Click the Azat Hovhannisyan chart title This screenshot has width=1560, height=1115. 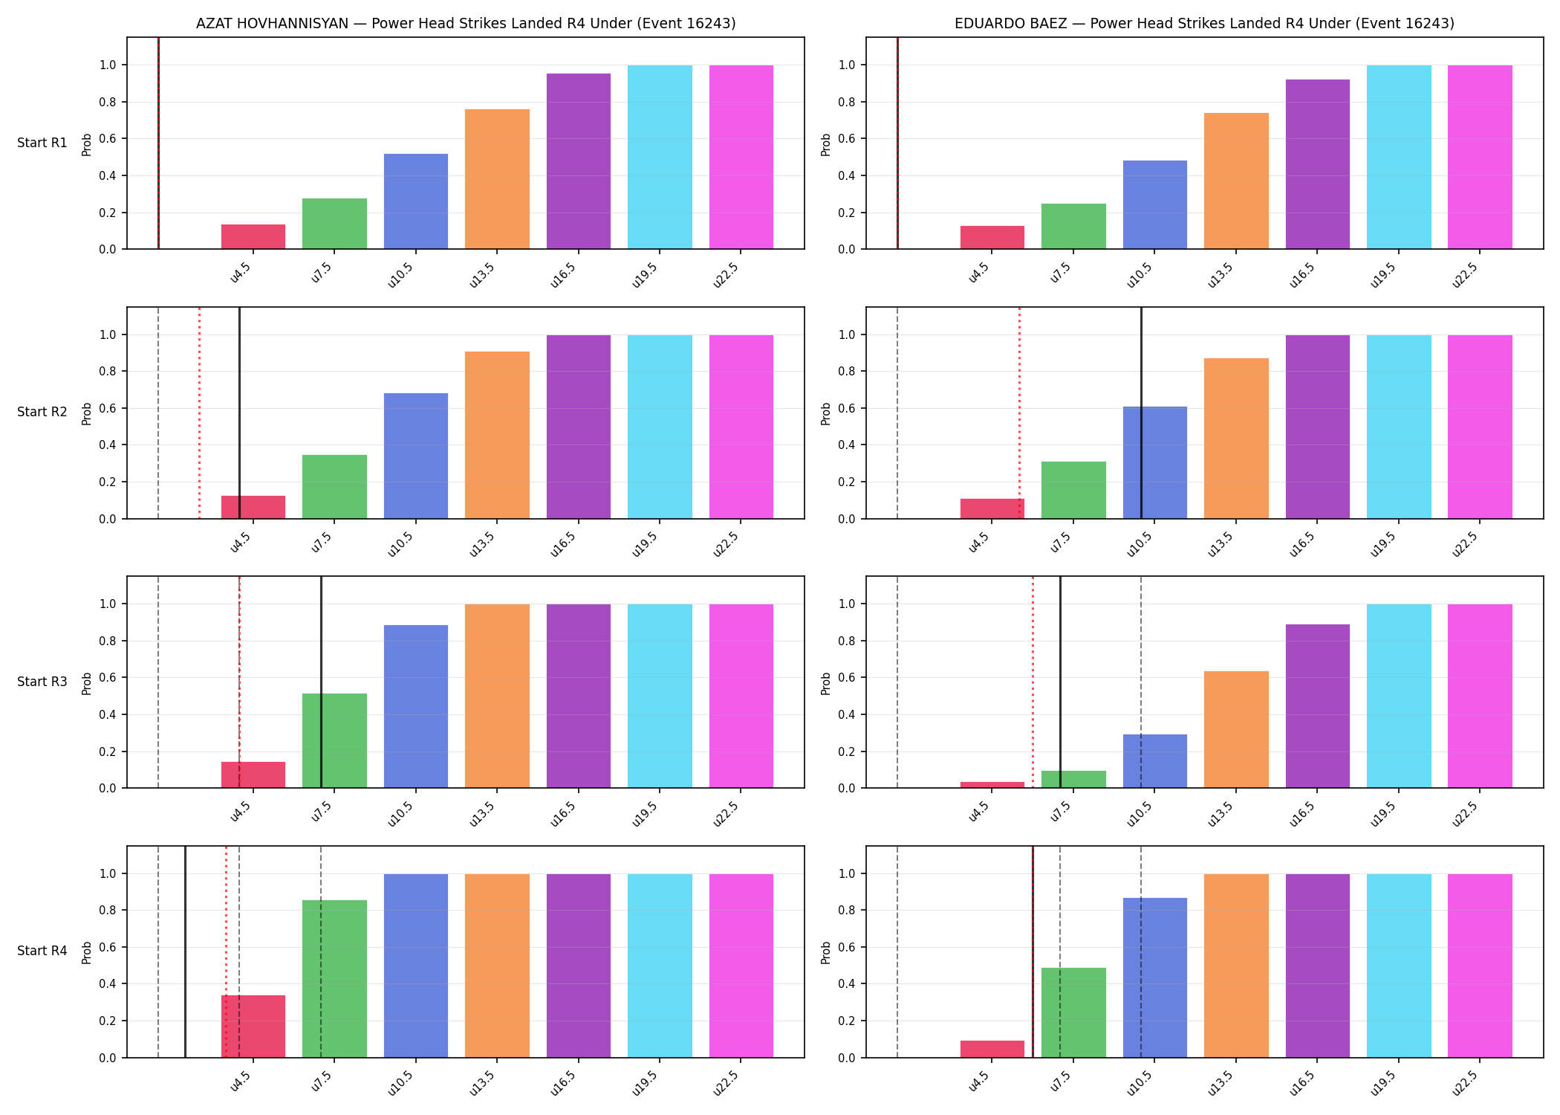click(x=466, y=23)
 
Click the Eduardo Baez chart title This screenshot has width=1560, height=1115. click(x=1204, y=23)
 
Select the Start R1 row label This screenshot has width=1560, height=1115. click(x=42, y=143)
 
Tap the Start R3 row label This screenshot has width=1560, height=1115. click(x=42, y=682)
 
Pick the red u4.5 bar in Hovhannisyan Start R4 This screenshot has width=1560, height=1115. click(x=253, y=1026)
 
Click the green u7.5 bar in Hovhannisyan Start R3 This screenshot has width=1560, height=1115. click(x=334, y=740)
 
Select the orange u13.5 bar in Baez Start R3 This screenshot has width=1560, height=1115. click(x=1236, y=729)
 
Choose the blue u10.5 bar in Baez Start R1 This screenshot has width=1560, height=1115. click(x=1155, y=204)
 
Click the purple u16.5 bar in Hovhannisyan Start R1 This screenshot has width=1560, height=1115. click(x=579, y=161)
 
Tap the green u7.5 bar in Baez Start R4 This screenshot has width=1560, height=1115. click(x=1073, y=1012)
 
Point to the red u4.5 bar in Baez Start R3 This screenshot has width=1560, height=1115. click(x=992, y=785)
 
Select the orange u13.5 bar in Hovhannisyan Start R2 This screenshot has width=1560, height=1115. click(x=497, y=435)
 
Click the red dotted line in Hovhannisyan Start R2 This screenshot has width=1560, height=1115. click(x=199, y=413)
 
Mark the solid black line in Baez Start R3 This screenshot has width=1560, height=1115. click(x=1060, y=682)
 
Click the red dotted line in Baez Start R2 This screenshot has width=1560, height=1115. click(x=1019, y=413)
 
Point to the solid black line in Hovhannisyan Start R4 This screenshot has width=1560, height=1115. click(x=185, y=951)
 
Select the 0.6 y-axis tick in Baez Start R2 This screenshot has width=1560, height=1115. click(x=848, y=408)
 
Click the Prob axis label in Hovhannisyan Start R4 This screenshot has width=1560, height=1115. click(x=87, y=952)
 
